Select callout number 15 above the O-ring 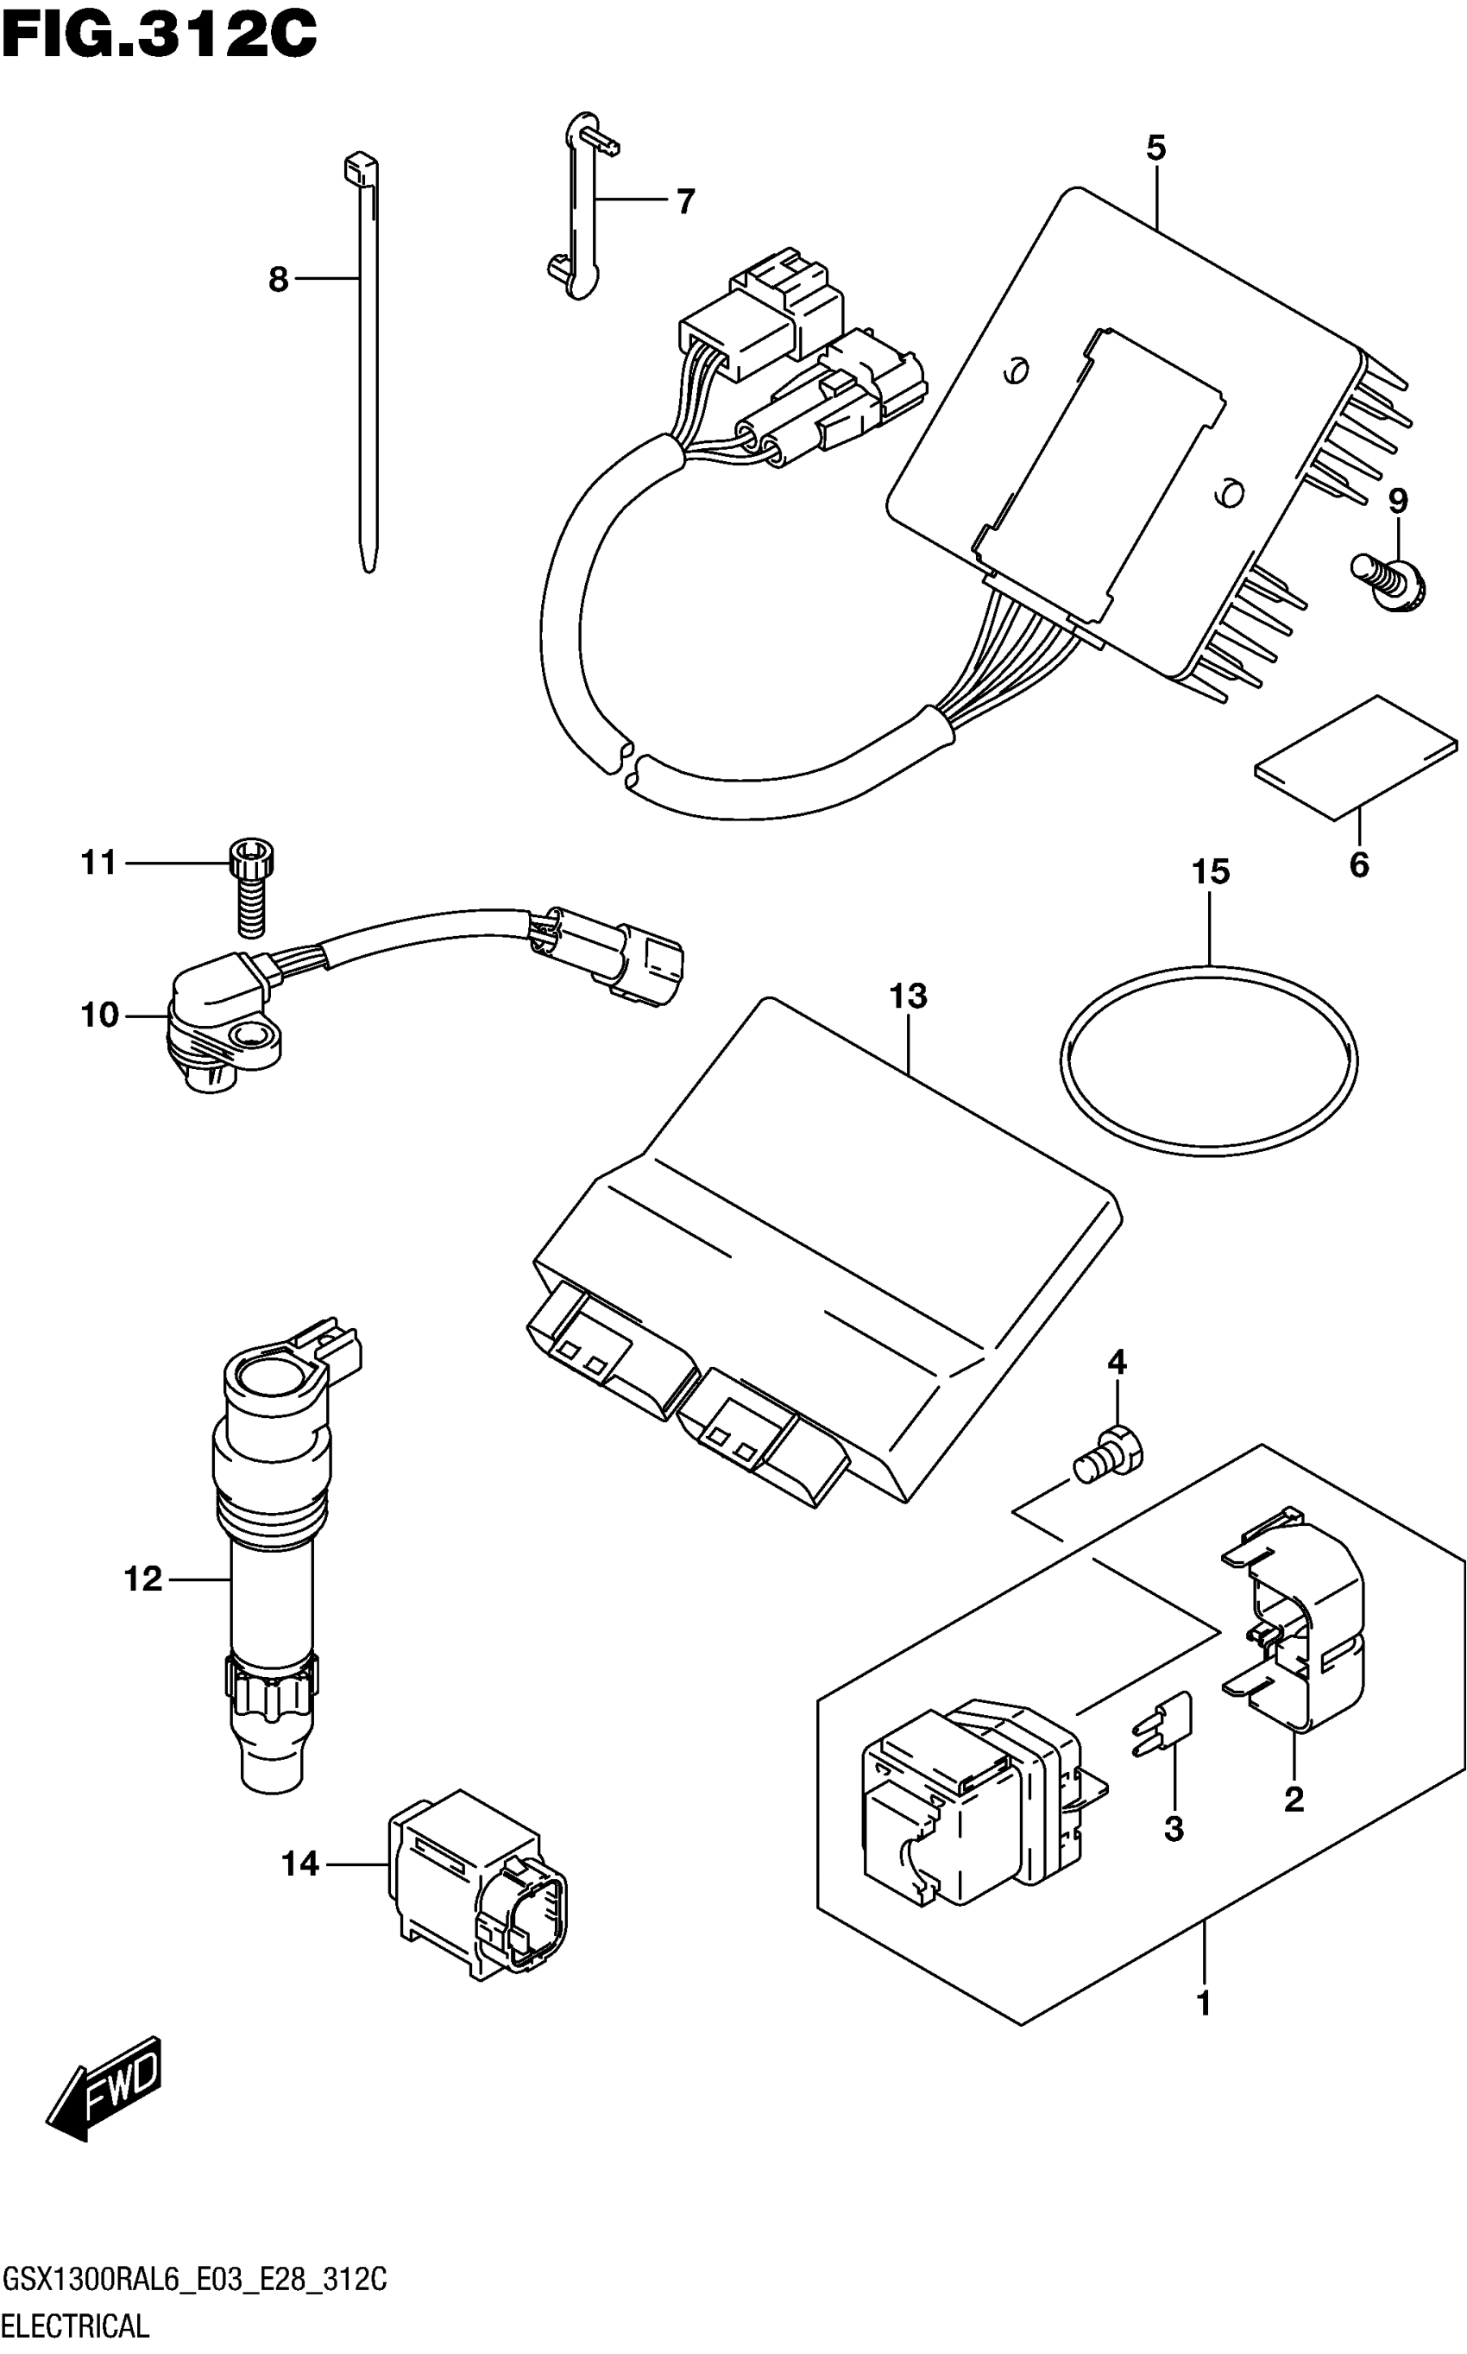(x=1210, y=871)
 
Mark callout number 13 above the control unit (x=910, y=995)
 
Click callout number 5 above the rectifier (x=1155, y=148)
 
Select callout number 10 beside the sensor (x=99, y=1016)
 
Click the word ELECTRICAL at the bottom (x=76, y=2324)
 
